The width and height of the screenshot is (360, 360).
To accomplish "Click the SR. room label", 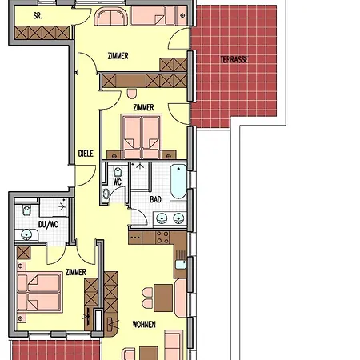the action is coord(38,16).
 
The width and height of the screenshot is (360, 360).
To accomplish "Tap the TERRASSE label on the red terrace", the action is coord(234,59).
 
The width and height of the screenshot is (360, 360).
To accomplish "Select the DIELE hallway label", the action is coord(86,154).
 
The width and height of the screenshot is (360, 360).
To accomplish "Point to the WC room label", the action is coord(118,182).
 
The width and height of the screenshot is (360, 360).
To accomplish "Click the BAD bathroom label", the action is coord(155,199).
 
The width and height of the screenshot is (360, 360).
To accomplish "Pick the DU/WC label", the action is coord(48,224).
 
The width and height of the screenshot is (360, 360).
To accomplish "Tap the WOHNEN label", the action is coord(144,324).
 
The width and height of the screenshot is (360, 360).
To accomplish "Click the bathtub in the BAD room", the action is coord(178,182).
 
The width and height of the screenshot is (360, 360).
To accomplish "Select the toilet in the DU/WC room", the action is coord(26,210).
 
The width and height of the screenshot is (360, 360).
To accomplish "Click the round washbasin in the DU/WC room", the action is coord(26,235).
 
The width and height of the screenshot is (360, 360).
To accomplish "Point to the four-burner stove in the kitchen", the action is coord(162,238).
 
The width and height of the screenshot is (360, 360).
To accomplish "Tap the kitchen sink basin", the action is coord(181,265).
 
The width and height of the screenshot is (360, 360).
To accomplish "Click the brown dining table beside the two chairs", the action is coord(163,298).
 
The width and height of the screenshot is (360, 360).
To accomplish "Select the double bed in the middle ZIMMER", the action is coord(142,137).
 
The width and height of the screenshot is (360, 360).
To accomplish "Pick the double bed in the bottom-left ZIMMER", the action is coord(39,292).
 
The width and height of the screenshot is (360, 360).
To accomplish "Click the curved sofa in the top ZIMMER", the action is coord(112,17).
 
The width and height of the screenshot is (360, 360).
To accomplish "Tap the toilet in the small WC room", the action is coord(118,171).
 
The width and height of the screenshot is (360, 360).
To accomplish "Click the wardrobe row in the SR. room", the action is coord(42,33).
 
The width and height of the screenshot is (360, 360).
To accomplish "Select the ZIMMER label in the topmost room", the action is coord(118,56).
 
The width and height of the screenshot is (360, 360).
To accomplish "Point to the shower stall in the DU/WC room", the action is coord(53,207).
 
